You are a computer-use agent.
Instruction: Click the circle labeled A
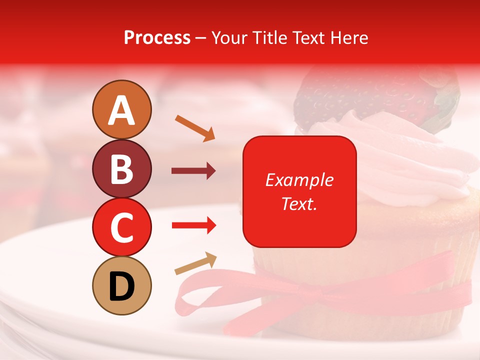tap(121, 109)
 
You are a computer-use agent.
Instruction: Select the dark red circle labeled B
tap(121, 168)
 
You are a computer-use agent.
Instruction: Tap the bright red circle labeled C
tap(121, 227)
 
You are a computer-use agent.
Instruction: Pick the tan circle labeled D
tap(121, 286)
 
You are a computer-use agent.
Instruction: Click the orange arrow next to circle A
tap(195, 128)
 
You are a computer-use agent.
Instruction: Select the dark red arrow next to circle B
tap(193, 171)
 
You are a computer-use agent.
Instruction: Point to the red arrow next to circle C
tap(193, 226)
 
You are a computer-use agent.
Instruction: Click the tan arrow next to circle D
tap(195, 264)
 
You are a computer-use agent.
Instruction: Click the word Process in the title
tap(157, 38)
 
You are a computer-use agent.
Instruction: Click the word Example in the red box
tap(299, 180)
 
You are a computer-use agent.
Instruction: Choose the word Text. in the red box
tap(299, 203)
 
